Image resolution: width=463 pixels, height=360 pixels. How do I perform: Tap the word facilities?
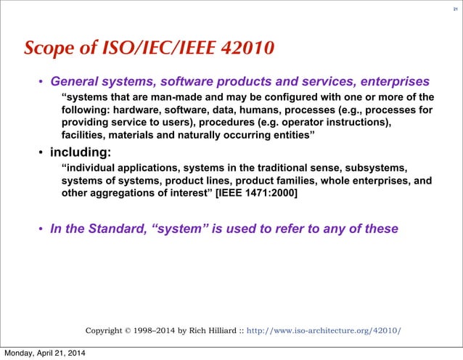click(x=86, y=135)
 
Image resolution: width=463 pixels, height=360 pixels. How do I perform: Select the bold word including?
click(x=81, y=152)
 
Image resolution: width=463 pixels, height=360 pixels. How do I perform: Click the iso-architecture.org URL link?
click(x=324, y=331)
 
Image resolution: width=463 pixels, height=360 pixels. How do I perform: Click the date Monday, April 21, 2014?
click(x=44, y=353)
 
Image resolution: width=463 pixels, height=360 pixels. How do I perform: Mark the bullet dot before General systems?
click(x=41, y=81)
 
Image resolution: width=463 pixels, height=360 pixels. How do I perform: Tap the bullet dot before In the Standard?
click(x=41, y=230)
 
